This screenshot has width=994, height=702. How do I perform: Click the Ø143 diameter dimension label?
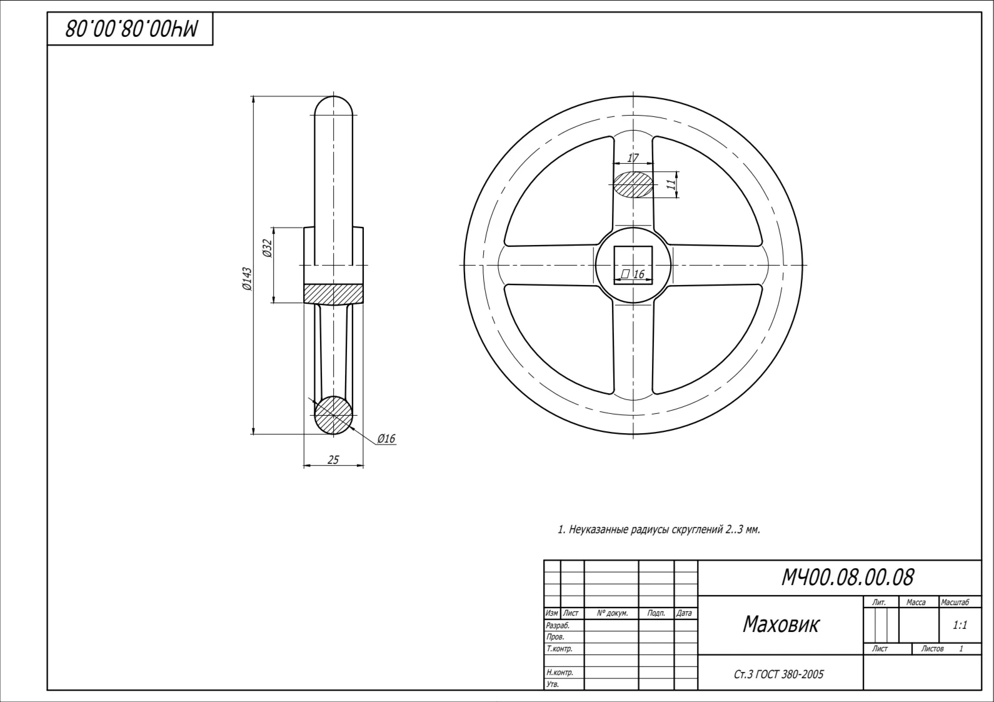pyautogui.click(x=247, y=279)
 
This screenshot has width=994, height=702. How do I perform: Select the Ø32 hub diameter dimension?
pyautogui.click(x=267, y=248)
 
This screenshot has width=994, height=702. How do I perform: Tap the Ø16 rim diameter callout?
pyautogui.click(x=386, y=439)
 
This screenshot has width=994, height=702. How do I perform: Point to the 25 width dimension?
pyautogui.click(x=333, y=459)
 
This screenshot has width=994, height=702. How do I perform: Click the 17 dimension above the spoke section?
pyautogui.click(x=633, y=158)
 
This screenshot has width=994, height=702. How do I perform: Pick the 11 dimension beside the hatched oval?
pyautogui.click(x=672, y=182)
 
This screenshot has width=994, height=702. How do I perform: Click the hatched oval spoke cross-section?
pyautogui.click(x=633, y=184)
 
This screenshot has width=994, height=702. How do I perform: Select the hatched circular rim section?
pyautogui.click(x=334, y=415)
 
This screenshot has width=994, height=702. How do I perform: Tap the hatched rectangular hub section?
pyautogui.click(x=333, y=294)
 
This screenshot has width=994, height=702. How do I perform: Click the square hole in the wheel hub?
pyautogui.click(x=633, y=265)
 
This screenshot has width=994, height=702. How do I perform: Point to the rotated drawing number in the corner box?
pyautogui.click(x=132, y=28)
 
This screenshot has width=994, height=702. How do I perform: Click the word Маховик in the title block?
pyautogui.click(x=781, y=624)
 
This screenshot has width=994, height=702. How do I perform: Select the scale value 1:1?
pyautogui.click(x=960, y=625)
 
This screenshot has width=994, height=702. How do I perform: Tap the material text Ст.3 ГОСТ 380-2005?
pyautogui.click(x=779, y=674)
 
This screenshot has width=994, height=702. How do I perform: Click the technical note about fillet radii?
pyautogui.click(x=659, y=529)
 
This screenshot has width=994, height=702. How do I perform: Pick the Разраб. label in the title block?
pyautogui.click(x=558, y=625)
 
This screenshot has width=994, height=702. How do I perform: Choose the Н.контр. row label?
pyautogui.click(x=560, y=672)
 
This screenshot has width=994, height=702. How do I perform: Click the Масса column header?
pyautogui.click(x=916, y=602)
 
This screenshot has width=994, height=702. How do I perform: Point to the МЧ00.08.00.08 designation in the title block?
pyautogui.click(x=847, y=578)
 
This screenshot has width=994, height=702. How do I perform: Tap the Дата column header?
pyautogui.click(x=685, y=613)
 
